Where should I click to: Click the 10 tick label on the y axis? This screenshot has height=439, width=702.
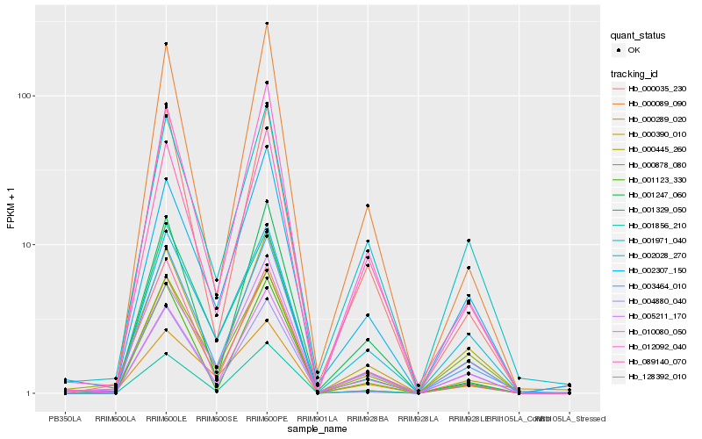pyautogui.click(x=27, y=245)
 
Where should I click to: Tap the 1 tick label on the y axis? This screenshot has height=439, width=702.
pyautogui.click(x=30, y=393)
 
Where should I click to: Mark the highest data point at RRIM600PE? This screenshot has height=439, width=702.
pyautogui.click(x=267, y=24)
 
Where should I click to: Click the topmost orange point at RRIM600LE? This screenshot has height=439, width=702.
pyautogui.click(x=166, y=44)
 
